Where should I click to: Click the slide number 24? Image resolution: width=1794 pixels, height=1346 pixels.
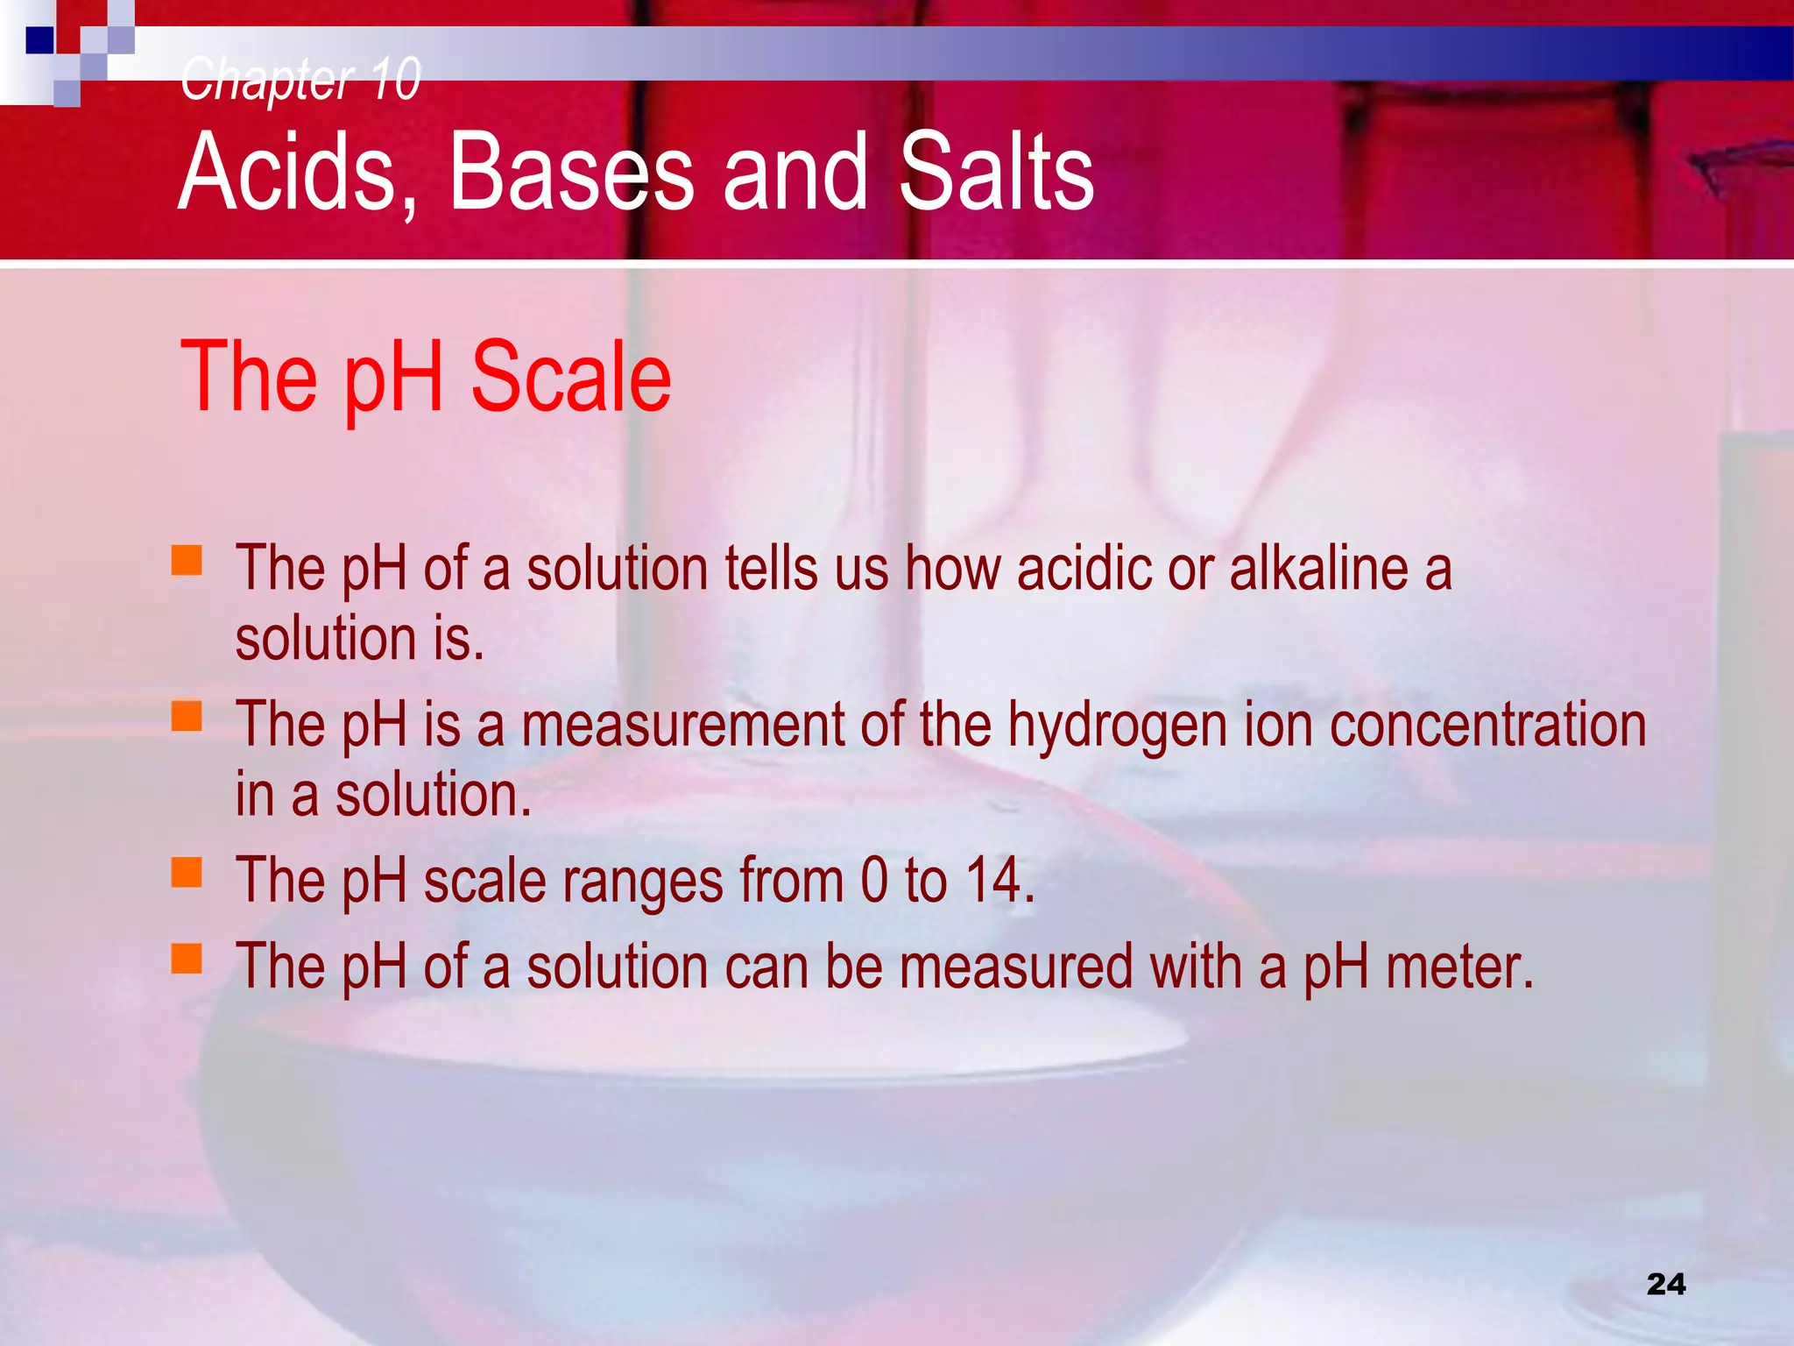pos(1665,1285)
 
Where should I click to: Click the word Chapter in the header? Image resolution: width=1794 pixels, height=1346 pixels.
pos(266,79)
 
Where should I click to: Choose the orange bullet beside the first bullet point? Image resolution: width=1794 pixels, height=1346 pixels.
pos(187,560)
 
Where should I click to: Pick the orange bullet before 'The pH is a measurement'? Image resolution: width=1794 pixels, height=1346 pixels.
pos(187,716)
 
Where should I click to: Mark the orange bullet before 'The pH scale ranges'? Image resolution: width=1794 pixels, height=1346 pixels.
pos(187,872)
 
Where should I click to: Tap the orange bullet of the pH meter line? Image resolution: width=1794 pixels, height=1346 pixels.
pos(187,959)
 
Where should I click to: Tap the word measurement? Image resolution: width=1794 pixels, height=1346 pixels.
pos(682,726)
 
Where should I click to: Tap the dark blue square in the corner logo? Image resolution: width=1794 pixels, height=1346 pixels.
pos(39,40)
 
